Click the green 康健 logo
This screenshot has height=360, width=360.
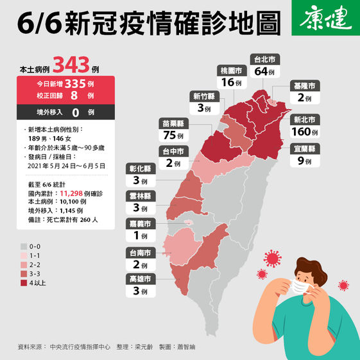click(327, 20)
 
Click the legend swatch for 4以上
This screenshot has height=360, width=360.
click(24, 282)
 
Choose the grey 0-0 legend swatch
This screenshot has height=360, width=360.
click(24, 246)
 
